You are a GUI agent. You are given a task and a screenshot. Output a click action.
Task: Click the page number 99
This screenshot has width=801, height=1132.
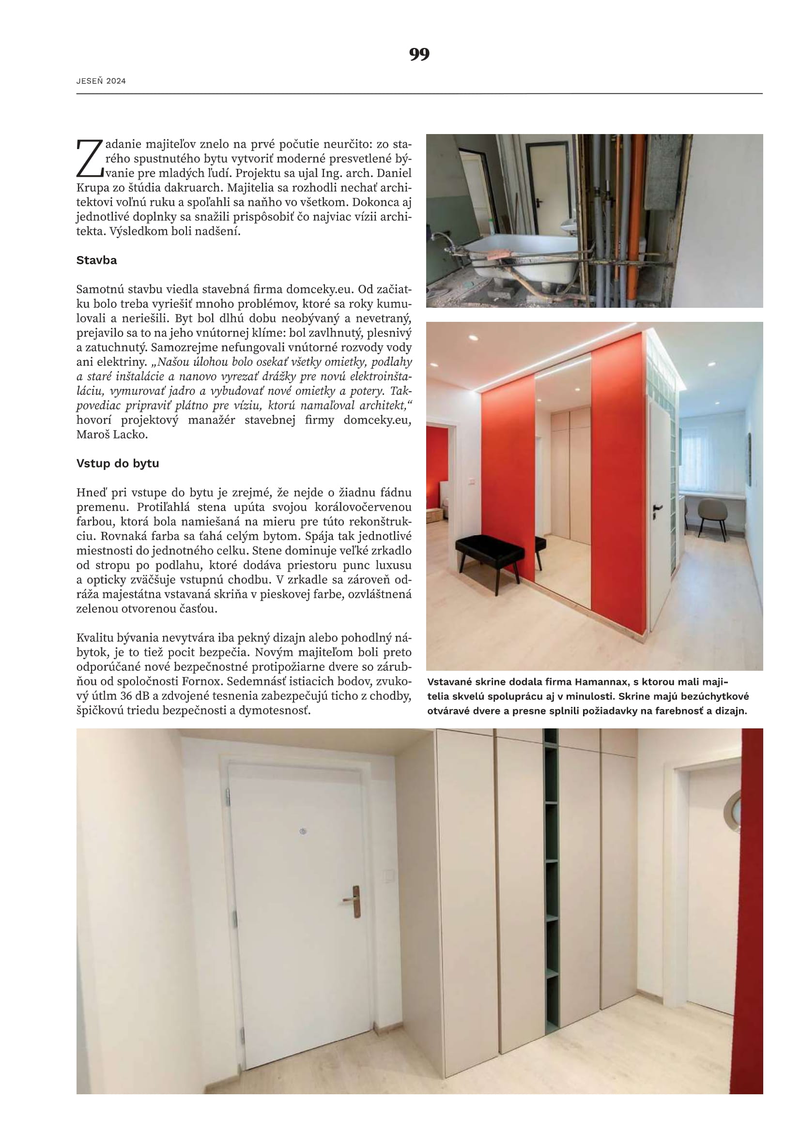point(419,54)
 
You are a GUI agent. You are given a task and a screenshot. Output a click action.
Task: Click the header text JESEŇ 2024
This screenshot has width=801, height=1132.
point(101,81)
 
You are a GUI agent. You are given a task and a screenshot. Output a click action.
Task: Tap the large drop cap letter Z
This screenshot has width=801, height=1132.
point(89,159)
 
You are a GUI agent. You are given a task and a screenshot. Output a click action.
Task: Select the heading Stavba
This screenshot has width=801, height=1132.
point(97,260)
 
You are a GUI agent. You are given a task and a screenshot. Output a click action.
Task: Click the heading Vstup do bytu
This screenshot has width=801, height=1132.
point(117,464)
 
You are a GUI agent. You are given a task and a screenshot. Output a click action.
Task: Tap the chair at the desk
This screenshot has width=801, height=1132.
point(712,515)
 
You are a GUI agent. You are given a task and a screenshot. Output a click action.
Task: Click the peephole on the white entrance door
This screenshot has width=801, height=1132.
point(303,832)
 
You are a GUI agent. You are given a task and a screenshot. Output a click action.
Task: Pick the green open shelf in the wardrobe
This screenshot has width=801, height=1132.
point(551,883)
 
